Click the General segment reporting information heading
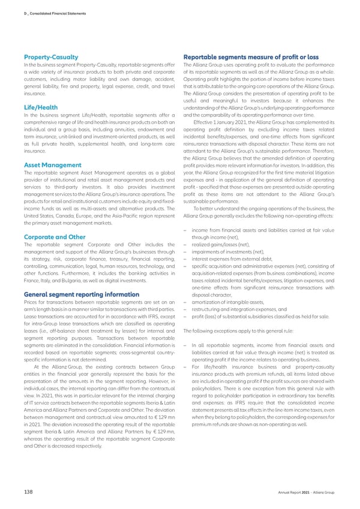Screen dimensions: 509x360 coord(77,294)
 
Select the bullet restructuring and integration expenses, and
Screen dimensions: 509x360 coord(238,309)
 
